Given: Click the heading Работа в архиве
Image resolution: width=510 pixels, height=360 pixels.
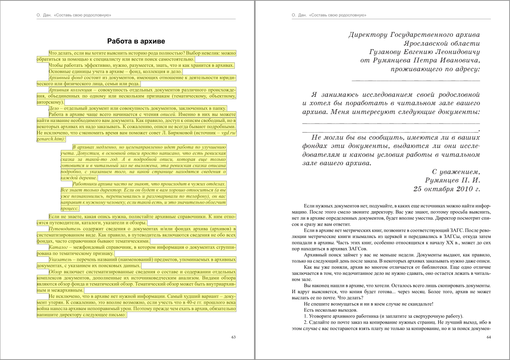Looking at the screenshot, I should coord(136,41).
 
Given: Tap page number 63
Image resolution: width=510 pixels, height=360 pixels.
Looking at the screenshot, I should coord(234,337).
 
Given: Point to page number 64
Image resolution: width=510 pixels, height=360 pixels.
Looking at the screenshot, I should coord(488,337).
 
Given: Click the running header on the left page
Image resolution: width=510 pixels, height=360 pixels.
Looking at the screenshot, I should coord(74,15).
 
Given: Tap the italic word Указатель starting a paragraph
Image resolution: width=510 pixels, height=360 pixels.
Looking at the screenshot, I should coord(60,259).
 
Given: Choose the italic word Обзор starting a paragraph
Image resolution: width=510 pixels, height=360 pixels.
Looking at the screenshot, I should coord(55,272).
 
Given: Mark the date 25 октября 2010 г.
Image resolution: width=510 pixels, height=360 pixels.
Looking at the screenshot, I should coord(446,189).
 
